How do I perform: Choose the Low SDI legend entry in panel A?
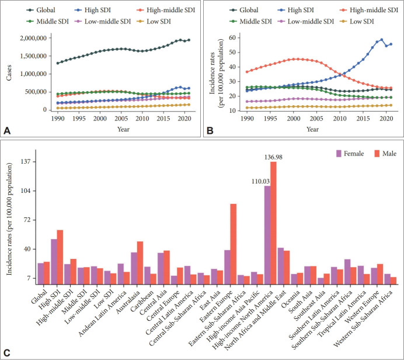click(x=163, y=20)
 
